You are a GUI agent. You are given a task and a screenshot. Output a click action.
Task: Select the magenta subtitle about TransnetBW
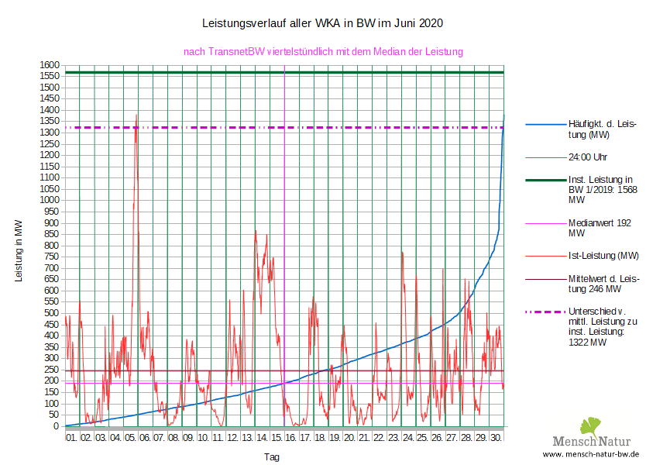(323, 52)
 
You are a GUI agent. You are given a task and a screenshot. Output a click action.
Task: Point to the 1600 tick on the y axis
(50, 64)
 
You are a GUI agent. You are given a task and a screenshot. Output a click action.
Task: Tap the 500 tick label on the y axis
(50, 313)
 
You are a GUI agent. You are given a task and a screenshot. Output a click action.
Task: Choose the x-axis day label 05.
(130, 438)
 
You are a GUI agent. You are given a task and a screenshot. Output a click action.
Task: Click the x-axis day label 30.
(497, 438)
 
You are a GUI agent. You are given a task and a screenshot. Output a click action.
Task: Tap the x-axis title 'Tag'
(272, 457)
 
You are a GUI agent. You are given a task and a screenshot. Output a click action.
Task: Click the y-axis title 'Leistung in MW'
(19, 250)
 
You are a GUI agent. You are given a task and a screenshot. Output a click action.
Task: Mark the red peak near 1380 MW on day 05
(136, 115)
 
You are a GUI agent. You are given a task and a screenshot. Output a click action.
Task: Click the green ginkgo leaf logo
(591, 425)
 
